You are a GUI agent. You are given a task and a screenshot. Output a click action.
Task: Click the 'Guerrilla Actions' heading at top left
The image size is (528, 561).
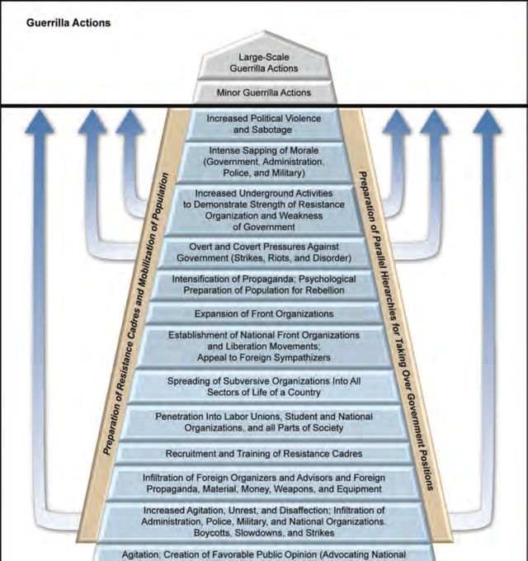click(68, 22)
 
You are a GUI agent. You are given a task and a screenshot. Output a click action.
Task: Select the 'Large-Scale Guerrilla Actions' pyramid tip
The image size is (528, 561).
click(263, 62)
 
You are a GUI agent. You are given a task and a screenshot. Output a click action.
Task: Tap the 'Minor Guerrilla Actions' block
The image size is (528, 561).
click(263, 93)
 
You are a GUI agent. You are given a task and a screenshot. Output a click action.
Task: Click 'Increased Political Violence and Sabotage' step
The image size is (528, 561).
click(263, 125)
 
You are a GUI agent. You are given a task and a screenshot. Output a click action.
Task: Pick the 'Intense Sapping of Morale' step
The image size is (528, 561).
click(263, 163)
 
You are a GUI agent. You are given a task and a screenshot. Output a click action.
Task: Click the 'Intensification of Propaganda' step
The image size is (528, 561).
click(263, 285)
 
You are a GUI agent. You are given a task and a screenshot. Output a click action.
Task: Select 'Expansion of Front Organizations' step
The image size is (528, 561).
click(263, 313)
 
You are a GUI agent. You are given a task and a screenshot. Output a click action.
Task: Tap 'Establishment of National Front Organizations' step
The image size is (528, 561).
click(263, 346)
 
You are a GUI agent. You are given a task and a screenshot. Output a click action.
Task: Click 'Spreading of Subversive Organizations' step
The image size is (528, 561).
click(263, 387)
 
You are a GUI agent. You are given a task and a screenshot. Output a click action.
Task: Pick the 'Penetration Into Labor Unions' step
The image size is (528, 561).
click(263, 422)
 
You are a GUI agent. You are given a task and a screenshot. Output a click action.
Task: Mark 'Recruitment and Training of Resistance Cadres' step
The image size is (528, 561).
click(263, 454)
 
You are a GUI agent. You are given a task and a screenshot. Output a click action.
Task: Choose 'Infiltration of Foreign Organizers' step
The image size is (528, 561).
click(263, 483)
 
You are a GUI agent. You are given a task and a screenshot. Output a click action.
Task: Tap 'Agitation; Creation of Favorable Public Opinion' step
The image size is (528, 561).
click(263, 554)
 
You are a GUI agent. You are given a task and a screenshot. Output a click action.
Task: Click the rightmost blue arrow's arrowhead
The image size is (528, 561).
click(487, 124)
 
